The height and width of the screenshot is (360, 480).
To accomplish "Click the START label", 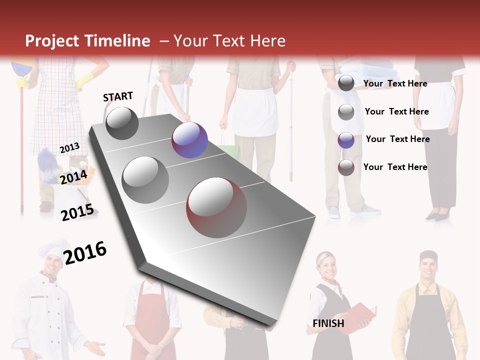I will coord(118,96).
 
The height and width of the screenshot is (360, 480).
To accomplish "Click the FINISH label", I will coord(328,323).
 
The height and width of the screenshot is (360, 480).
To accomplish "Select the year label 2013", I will coord(69,147).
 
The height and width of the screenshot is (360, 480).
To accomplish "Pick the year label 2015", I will coord(77,212).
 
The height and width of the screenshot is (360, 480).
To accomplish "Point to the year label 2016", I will coord(85,253).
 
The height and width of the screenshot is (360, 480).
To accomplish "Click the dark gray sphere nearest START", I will coord(122,123).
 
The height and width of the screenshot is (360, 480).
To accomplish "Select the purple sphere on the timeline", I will coord(189,140).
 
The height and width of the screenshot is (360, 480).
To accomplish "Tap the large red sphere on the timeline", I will coord(216,207).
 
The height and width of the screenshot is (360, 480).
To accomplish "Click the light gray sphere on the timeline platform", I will coord(145,179).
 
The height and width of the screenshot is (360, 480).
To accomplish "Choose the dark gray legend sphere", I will coord(346,83).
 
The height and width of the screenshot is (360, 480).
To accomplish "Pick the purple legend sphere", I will coord(346,139).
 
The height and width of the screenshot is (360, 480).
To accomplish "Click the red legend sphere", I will coord(346,167).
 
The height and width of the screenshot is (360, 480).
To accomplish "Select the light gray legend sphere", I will coord(346,111).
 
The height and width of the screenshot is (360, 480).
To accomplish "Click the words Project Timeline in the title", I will coord(87,41).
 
